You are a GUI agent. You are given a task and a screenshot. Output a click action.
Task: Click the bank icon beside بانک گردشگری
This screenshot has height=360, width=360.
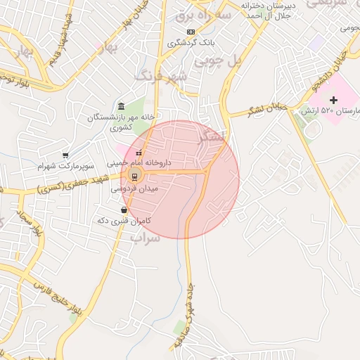191,32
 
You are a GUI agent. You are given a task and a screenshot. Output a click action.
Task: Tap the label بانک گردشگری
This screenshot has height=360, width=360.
190,43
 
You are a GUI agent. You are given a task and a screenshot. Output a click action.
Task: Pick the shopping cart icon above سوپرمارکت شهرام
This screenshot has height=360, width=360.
65,155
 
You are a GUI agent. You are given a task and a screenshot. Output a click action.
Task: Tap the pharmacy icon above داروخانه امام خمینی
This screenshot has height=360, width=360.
139,152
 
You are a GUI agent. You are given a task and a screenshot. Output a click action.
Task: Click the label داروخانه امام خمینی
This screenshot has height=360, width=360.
139,162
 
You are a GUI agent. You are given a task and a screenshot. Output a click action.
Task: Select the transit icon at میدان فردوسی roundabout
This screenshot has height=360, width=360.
134,176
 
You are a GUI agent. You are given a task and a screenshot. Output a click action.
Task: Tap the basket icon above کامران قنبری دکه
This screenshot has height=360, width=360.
124,210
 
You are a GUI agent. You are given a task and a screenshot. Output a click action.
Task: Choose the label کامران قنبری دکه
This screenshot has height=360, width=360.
122,221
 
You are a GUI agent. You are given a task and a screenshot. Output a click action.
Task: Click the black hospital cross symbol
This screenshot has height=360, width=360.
333,101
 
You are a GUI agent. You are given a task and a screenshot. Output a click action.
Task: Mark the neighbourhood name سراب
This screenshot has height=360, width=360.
146,238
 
